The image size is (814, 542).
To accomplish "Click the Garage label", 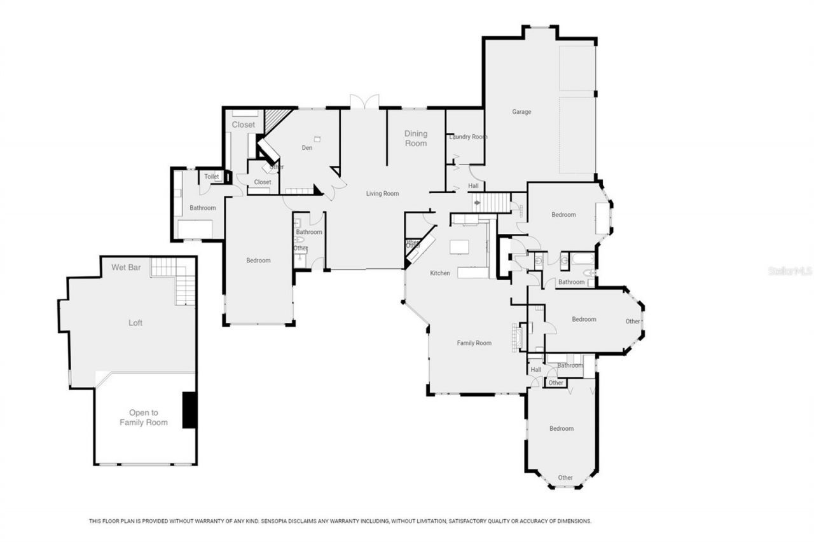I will click(x=521, y=112).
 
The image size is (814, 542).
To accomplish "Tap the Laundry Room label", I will click(x=468, y=137).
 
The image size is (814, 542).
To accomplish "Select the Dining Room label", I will click(x=416, y=139).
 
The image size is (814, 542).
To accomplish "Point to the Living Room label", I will click(x=382, y=193).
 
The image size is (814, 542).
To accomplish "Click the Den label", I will click(x=307, y=148).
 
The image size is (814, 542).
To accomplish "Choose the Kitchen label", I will click(x=439, y=273).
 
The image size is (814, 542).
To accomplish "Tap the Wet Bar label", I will click(x=126, y=268).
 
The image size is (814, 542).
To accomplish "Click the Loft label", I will click(x=135, y=323).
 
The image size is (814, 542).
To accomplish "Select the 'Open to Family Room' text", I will click(x=144, y=417).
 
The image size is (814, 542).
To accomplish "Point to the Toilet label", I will click(x=211, y=177).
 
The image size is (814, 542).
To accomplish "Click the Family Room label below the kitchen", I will click(x=474, y=343).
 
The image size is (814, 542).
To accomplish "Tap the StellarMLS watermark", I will click(x=790, y=271).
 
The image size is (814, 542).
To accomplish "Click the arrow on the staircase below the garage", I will click(x=477, y=203).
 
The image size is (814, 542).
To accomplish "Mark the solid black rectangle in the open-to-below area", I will click(x=188, y=410).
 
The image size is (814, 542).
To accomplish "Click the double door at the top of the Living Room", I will click(x=364, y=102).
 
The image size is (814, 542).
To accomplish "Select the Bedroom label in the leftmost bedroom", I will click(x=258, y=261).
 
